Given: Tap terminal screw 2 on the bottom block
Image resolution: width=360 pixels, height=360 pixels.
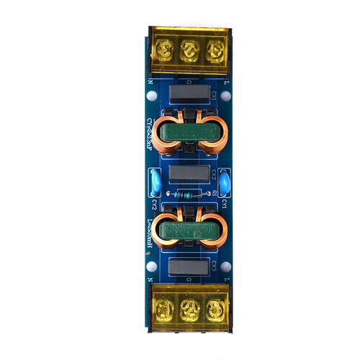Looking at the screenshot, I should tap(187, 310).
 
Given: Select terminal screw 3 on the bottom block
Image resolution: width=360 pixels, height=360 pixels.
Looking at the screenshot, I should tap(212, 310).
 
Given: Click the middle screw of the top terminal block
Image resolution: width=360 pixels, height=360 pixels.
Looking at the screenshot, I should tap(187, 50).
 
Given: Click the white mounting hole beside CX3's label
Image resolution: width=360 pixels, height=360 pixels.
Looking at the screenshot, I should tap(225, 266).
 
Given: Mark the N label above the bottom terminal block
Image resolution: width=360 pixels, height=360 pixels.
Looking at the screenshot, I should tap(150, 279).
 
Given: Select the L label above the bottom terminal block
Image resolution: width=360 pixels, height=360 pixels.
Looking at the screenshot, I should tap(227, 279).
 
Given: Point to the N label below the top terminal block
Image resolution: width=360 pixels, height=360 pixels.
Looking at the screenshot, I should tap(150, 83).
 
